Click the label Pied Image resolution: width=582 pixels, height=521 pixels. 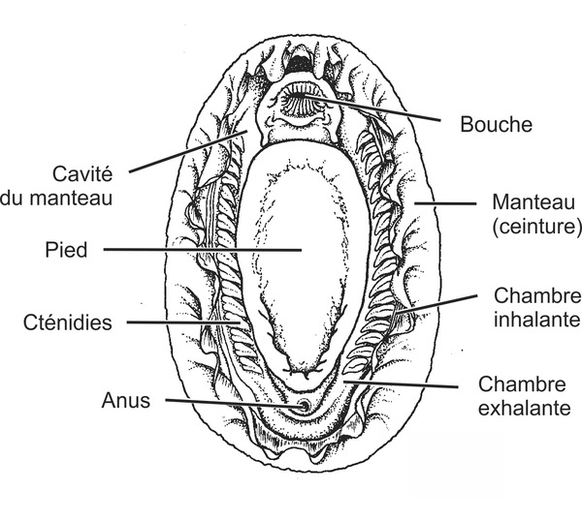[x=67, y=250]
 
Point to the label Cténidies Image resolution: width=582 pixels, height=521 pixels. [x=69, y=321]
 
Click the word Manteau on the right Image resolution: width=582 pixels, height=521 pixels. [x=530, y=204]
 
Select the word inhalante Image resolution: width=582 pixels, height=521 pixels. [x=536, y=319]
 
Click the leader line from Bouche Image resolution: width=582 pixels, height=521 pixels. [x=388, y=109]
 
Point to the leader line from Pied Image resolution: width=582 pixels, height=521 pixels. [x=194, y=250]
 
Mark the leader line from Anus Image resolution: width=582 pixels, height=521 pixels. [x=223, y=402]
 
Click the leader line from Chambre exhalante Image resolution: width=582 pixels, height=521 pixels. [x=407, y=383]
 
